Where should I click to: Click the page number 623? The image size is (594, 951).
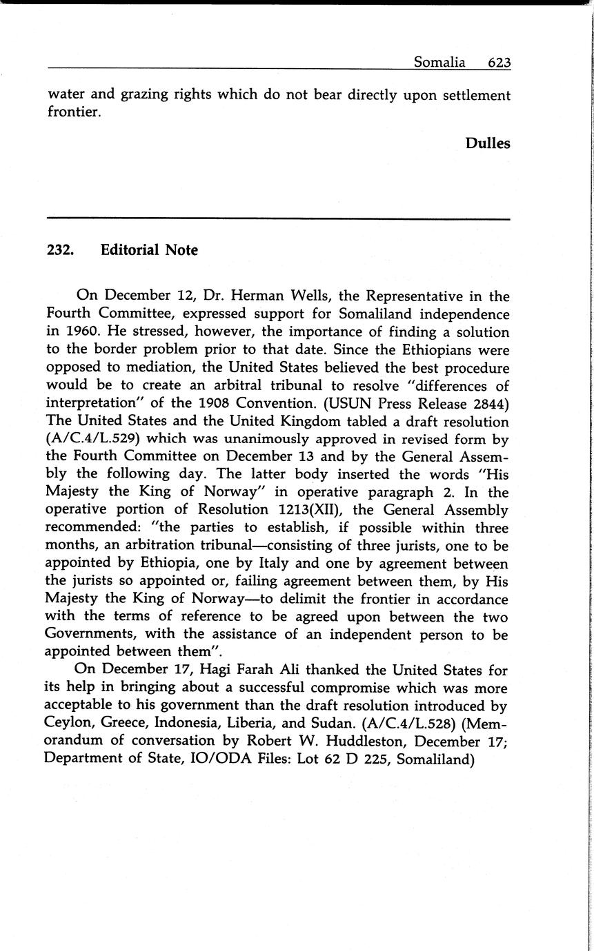[x=499, y=63]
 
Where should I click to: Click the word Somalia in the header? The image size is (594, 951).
[x=439, y=63]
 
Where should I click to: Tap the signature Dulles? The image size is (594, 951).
[x=488, y=143]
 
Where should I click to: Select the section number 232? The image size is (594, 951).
[x=61, y=250]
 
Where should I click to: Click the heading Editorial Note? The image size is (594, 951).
[x=149, y=250]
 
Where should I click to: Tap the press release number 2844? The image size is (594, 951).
[x=490, y=404]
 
